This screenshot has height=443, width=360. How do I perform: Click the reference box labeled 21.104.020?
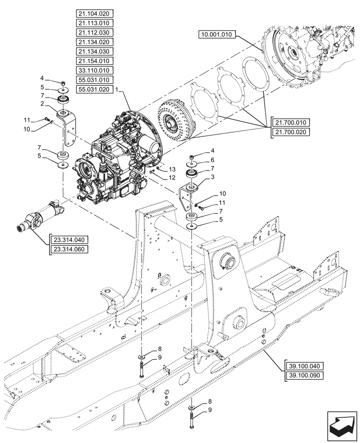[x=95, y=13]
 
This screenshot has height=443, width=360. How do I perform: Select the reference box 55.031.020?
[x=95, y=89]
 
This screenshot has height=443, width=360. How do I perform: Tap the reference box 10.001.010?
[x=219, y=34]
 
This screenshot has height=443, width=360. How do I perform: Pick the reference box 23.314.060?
[x=70, y=249]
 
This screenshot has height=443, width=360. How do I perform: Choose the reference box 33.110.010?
[x=95, y=70]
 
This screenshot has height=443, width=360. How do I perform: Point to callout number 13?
[x=172, y=170]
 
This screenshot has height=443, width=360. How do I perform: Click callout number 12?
[x=172, y=178]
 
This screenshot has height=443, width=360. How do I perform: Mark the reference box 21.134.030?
[x=95, y=51]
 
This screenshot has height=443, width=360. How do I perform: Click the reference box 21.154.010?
[x=95, y=61]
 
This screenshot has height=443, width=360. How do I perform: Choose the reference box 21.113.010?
[x=95, y=23]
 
